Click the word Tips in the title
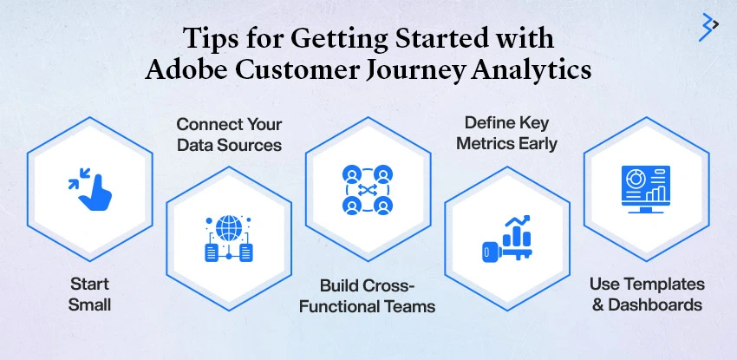tap(208, 37)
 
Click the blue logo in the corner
tap(708, 27)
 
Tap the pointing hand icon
tap(90, 188)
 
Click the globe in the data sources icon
tap(229, 228)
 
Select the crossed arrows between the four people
tap(368, 190)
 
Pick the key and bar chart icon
tap(507, 239)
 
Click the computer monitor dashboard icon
tap(646, 189)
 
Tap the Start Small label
tap(89, 295)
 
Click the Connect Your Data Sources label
tap(230, 134)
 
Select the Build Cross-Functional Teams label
tap(367, 296)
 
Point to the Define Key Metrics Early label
tap(506, 134)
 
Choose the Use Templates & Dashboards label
tap(647, 295)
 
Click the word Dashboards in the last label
tap(655, 304)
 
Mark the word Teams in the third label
tap(409, 306)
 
